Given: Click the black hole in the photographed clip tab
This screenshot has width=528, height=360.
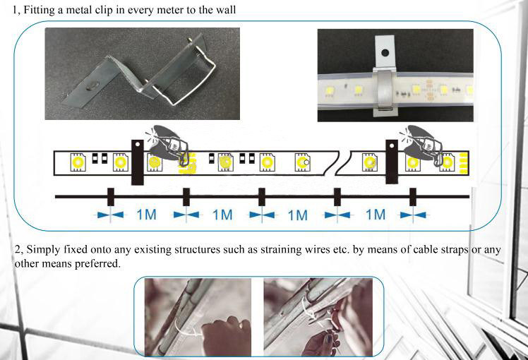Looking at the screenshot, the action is click(385, 52).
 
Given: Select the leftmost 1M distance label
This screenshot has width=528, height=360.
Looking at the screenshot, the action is click(147, 215).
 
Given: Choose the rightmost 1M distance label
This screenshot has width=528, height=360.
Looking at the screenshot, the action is click(376, 215).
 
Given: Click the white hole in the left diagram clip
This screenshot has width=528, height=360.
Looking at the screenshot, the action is click(138, 144).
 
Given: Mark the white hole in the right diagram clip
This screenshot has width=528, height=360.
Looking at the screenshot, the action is click(392, 146).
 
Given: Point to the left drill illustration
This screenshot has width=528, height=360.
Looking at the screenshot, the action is click(167, 143).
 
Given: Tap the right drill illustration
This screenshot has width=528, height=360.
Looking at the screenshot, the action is click(421, 143).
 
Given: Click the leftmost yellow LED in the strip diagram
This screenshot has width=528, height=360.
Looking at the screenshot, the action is click(78, 162).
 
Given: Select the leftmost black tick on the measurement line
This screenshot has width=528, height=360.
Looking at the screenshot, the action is click(110, 197).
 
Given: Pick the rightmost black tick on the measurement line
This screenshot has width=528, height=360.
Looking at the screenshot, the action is click(413, 197).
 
